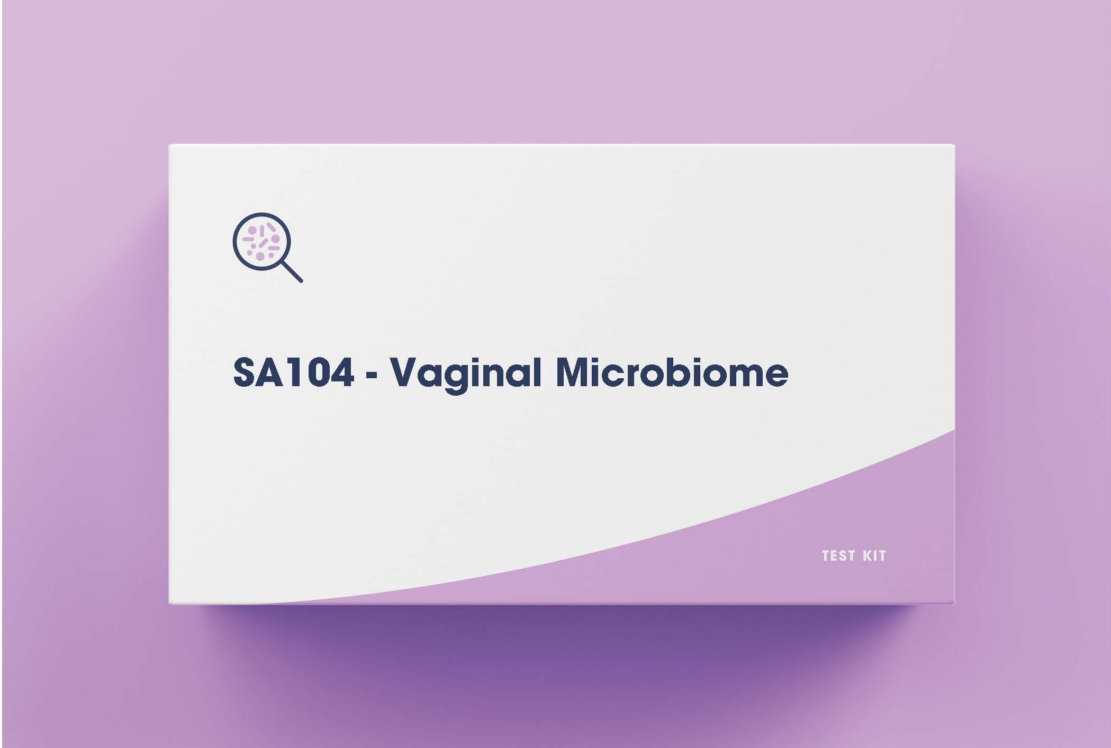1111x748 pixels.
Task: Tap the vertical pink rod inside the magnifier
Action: (x=261, y=231)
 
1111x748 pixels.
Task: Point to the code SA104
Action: (x=293, y=372)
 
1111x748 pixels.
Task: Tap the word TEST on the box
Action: (x=838, y=556)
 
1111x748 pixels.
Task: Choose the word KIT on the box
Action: (x=874, y=556)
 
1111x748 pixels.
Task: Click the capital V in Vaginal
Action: (x=407, y=372)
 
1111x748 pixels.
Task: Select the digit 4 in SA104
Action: (x=340, y=372)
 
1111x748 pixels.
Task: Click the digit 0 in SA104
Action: (x=313, y=372)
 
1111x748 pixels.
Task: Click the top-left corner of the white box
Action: (x=169, y=144)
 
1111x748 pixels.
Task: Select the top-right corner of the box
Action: (x=954, y=144)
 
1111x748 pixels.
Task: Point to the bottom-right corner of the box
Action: (x=954, y=603)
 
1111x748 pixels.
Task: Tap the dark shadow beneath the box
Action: (x=561, y=635)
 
